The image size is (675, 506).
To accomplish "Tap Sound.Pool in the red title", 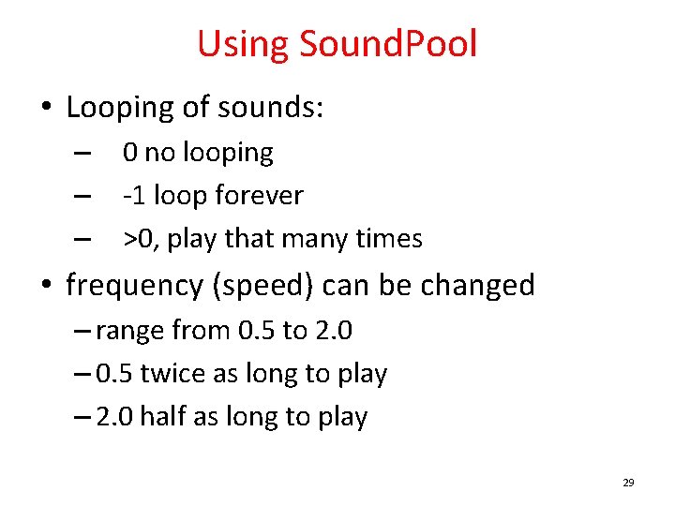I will [x=388, y=44].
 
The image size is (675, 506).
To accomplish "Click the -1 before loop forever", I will [x=134, y=196].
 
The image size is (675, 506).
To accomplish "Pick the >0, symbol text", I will [x=141, y=239].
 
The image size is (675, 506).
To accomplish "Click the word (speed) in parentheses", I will [x=260, y=285].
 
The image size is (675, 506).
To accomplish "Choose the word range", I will [x=128, y=330].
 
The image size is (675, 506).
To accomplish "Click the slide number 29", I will [x=628, y=484].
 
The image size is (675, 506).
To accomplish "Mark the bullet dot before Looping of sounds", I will [x=46, y=109].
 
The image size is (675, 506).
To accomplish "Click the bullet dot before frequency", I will [x=46, y=286].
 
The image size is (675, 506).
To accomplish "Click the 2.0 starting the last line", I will [x=114, y=417].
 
